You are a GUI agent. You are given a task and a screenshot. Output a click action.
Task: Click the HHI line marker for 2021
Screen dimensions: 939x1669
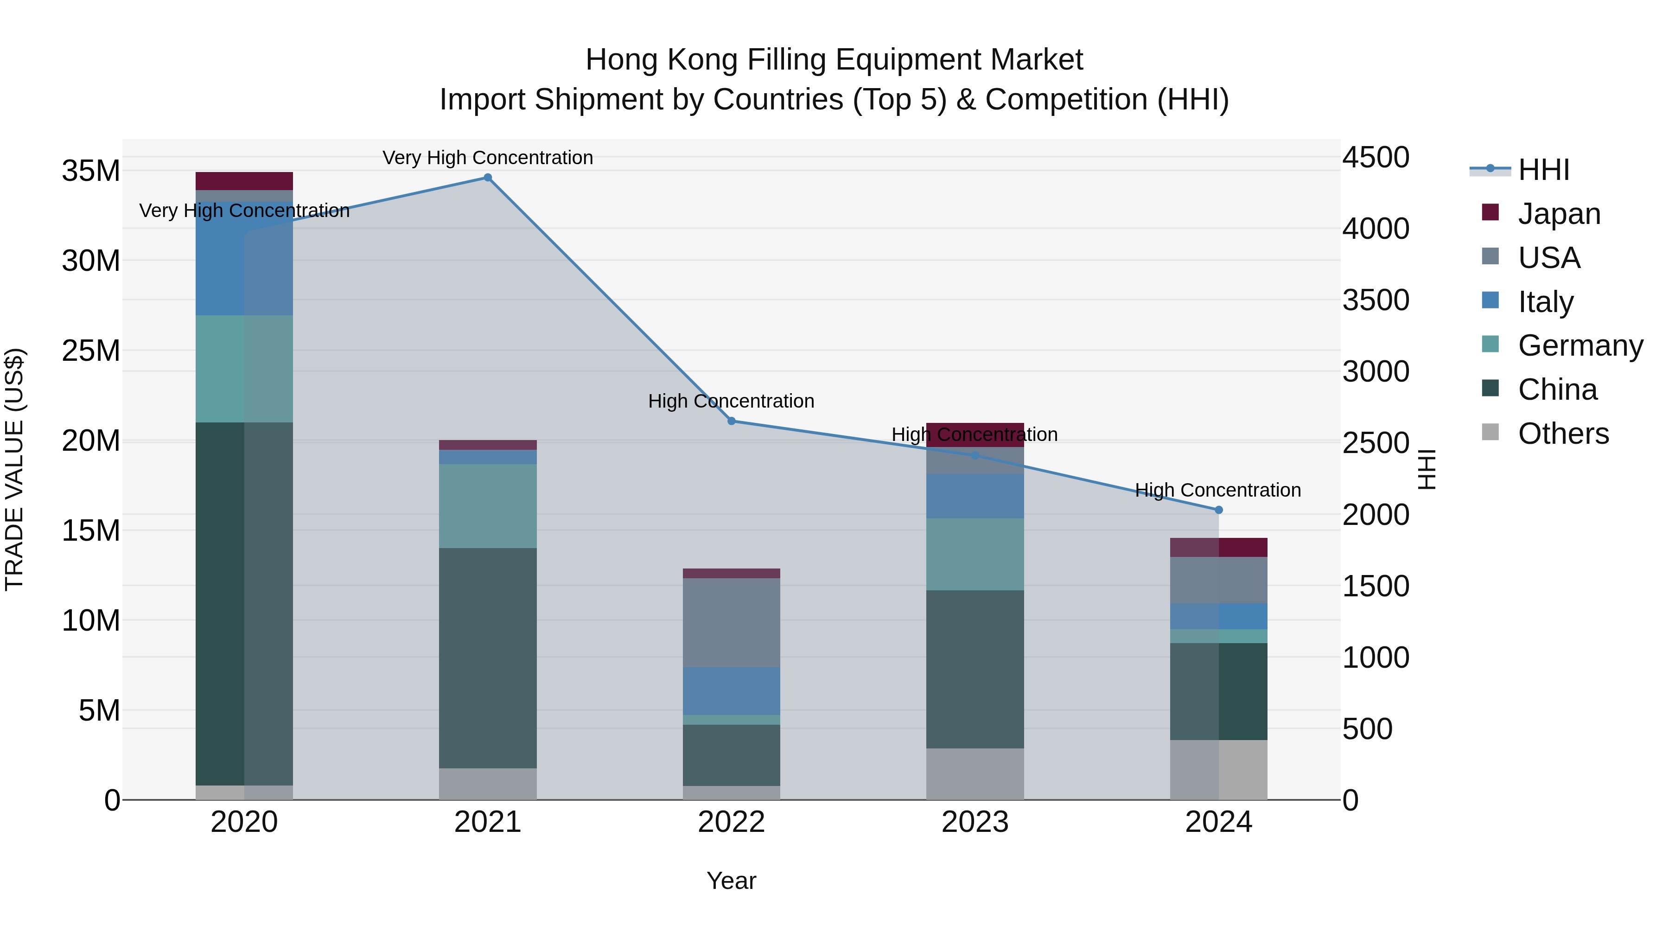488,178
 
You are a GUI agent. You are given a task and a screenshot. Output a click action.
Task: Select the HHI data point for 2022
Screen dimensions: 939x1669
732,421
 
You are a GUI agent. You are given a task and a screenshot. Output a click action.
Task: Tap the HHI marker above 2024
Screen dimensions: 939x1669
1219,510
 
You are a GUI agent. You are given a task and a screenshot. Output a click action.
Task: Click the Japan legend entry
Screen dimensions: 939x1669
1559,214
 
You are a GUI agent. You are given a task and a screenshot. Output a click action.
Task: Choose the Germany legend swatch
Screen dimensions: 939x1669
1490,345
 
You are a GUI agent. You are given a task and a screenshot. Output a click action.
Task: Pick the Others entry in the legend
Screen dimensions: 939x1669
1563,434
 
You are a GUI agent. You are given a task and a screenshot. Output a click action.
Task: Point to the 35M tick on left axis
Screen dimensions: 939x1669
91,171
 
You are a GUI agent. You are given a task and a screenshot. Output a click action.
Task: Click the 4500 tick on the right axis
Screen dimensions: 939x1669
1376,158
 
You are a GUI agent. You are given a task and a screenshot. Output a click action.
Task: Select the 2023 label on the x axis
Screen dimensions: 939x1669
975,822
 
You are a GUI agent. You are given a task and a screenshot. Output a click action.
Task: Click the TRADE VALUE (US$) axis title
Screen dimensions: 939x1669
15,469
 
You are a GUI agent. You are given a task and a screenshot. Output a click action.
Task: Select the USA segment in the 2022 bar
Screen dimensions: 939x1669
732,622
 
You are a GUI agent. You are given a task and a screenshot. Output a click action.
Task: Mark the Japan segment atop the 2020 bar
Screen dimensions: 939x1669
244,181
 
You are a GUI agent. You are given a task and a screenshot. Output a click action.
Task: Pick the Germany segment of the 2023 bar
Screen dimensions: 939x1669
975,554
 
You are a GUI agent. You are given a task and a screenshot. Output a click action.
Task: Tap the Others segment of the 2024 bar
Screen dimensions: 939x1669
1219,769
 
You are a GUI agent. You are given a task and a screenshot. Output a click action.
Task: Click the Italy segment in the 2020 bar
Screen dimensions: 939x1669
244,259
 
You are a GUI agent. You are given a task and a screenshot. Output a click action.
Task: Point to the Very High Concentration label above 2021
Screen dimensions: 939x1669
488,158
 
